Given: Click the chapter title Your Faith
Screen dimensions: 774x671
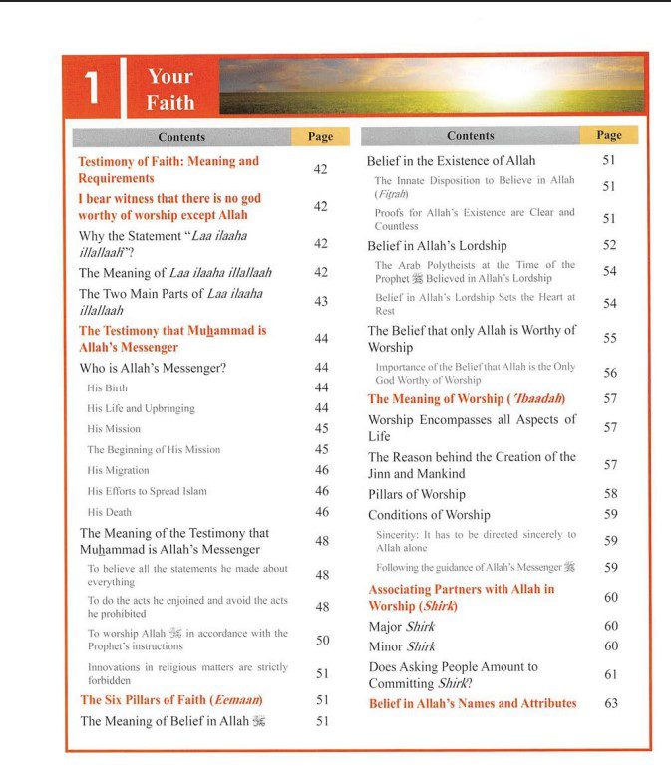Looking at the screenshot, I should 169,89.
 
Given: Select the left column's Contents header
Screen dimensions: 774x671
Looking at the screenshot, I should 181,137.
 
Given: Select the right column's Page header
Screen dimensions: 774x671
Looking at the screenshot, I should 608,135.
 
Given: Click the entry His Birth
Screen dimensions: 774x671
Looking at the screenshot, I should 108,387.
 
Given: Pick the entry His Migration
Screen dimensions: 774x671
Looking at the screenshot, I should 118,470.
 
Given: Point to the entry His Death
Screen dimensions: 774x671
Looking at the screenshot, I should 109,512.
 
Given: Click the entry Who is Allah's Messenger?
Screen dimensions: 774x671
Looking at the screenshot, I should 153,368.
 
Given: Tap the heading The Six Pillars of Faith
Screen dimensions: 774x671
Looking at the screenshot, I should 170,700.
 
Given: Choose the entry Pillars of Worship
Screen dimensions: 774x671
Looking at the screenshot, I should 416,494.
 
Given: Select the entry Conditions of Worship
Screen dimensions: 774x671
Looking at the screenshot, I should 429,515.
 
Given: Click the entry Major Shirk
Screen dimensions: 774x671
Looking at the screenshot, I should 402,627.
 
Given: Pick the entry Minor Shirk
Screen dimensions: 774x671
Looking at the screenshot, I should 402,646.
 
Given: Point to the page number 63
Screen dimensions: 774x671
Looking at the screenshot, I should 610,703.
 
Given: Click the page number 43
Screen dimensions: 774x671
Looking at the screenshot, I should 321,301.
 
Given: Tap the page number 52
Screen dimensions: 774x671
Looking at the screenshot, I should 609,245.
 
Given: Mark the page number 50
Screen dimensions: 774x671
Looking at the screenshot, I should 322,640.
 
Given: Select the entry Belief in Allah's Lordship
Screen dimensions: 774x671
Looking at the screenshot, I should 437,245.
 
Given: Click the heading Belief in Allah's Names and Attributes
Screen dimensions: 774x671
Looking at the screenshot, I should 473,703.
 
